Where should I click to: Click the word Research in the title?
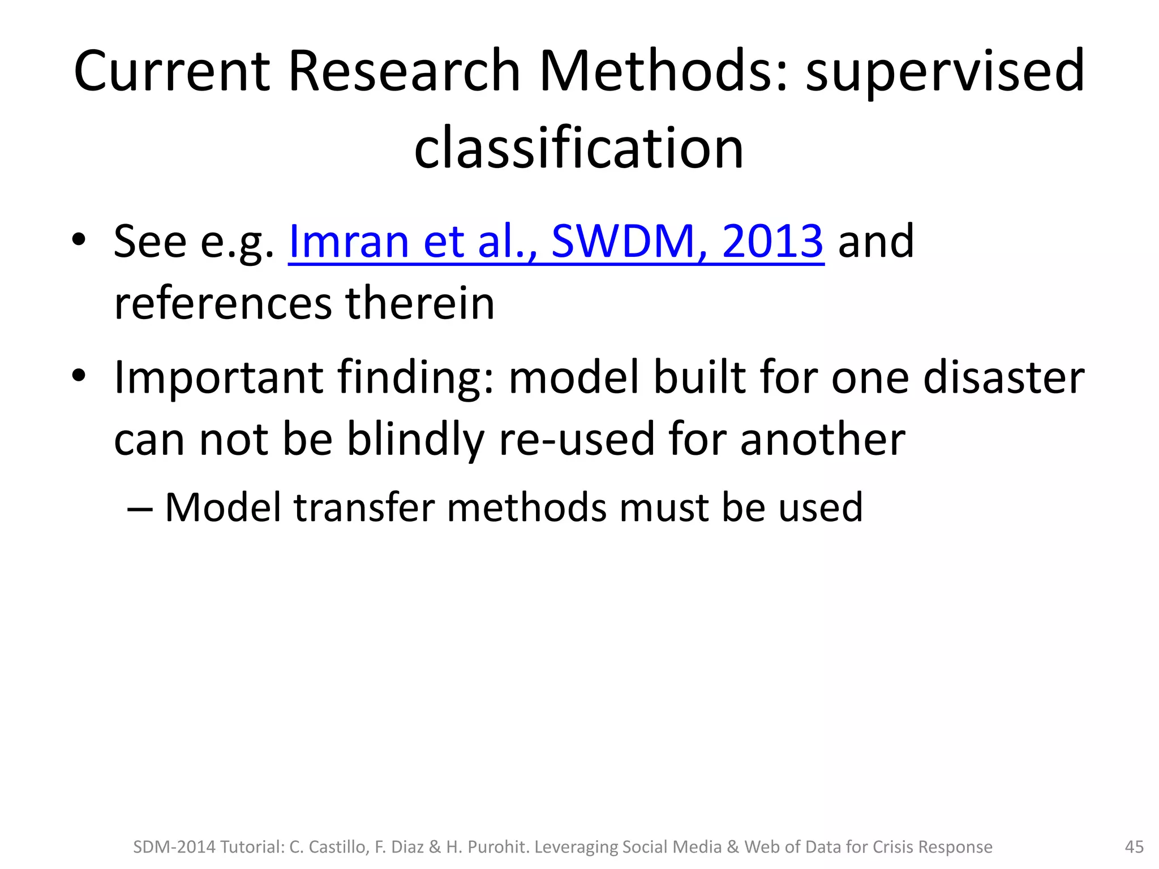[404, 71]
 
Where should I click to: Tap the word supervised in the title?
[945, 72]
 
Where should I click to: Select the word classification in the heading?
[578, 148]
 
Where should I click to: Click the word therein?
[420, 303]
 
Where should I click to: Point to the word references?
[223, 304]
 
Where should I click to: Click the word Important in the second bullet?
[218, 377]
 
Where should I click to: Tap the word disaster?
[1003, 377]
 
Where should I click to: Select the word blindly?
[415, 440]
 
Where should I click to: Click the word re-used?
[576, 440]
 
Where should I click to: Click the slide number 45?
[1134, 847]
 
